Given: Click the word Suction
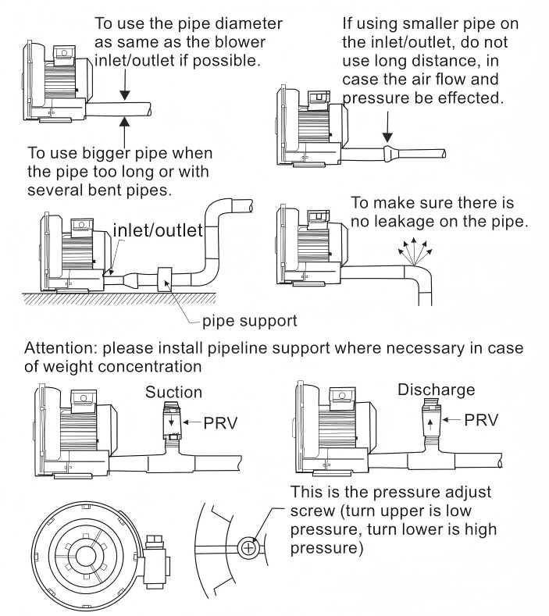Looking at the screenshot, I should click(x=173, y=392).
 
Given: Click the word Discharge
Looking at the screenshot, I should click(x=436, y=390).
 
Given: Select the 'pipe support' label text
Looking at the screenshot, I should click(x=249, y=320).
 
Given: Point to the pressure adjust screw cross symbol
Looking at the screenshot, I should click(x=248, y=548).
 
